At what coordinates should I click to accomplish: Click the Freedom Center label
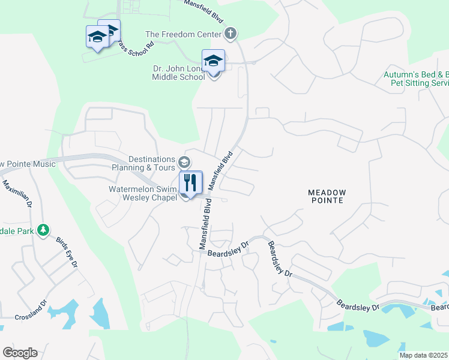[184, 34]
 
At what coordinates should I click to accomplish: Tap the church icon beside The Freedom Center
[229, 33]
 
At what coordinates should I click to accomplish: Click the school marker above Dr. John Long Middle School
[213, 62]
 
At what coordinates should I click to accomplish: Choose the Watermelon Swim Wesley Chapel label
[142, 194]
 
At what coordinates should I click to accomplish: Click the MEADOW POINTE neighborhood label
[326, 196]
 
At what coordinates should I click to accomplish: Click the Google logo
[20, 353]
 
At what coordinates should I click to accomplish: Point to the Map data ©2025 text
[424, 355]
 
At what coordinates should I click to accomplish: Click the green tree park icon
[43, 230]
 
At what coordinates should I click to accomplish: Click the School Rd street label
[137, 46]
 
